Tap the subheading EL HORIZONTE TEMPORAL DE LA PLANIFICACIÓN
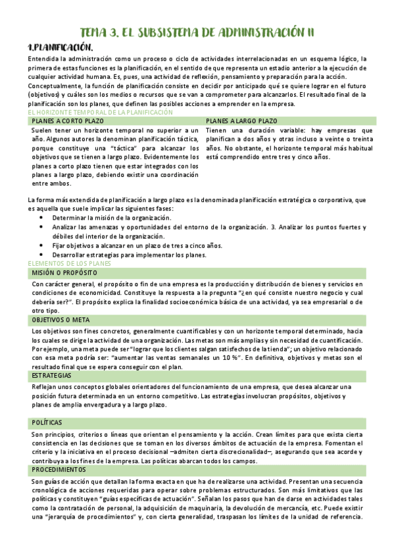coord(100,113)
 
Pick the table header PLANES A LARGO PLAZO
coord(241,122)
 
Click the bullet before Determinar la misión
coord(43,217)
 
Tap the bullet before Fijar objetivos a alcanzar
coord(43,245)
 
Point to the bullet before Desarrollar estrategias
coord(43,255)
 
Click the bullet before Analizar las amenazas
coord(43,227)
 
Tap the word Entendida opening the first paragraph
coord(43,59)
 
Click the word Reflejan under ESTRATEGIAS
coord(45,387)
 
